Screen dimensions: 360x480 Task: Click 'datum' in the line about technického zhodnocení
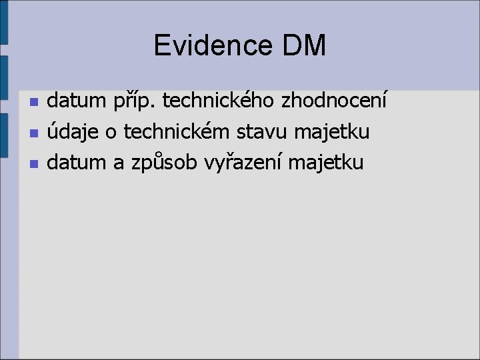[x=77, y=102]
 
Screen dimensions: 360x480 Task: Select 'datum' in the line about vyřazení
[x=77, y=162]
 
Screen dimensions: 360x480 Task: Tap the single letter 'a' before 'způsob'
[x=119, y=162]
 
